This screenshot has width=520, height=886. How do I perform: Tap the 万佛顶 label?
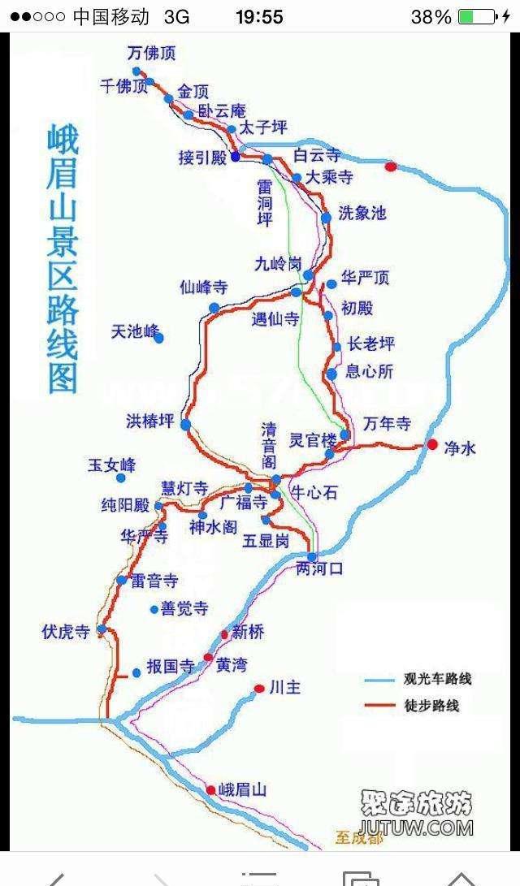(152, 54)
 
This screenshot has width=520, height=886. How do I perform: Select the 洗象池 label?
(362, 214)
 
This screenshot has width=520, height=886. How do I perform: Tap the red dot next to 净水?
(432, 444)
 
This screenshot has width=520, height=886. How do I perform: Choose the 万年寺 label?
(387, 423)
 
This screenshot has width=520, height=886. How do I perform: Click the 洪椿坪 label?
(150, 421)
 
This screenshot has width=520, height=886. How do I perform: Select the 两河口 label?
(320, 569)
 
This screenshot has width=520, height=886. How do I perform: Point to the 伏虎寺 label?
(66, 632)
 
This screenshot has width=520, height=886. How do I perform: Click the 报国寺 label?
(170, 668)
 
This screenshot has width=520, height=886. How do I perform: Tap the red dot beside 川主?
(258, 689)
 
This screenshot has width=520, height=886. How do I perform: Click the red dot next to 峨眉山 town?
(211, 789)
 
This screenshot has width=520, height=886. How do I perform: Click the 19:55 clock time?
(259, 16)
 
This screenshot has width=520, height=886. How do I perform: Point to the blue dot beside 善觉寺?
(154, 609)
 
